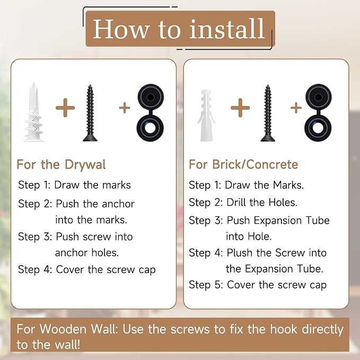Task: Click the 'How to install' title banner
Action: click(180, 29)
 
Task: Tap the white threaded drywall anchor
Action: click(33, 112)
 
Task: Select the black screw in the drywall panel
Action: click(90, 113)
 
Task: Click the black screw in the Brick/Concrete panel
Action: click(268, 113)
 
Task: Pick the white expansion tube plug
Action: click(206, 115)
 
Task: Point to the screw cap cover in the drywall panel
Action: click(151, 112)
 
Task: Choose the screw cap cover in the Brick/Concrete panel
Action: click(318, 112)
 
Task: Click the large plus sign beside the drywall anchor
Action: click(65, 108)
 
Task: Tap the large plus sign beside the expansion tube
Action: click(240, 108)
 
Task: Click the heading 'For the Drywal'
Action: click(61, 164)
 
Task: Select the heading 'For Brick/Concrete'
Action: click(243, 164)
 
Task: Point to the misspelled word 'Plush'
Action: click(240, 253)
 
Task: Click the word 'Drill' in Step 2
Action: click(236, 203)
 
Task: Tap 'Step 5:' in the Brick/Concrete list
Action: click(206, 285)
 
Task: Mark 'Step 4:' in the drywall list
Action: click(35, 269)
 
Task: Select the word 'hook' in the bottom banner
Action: click(283, 329)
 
